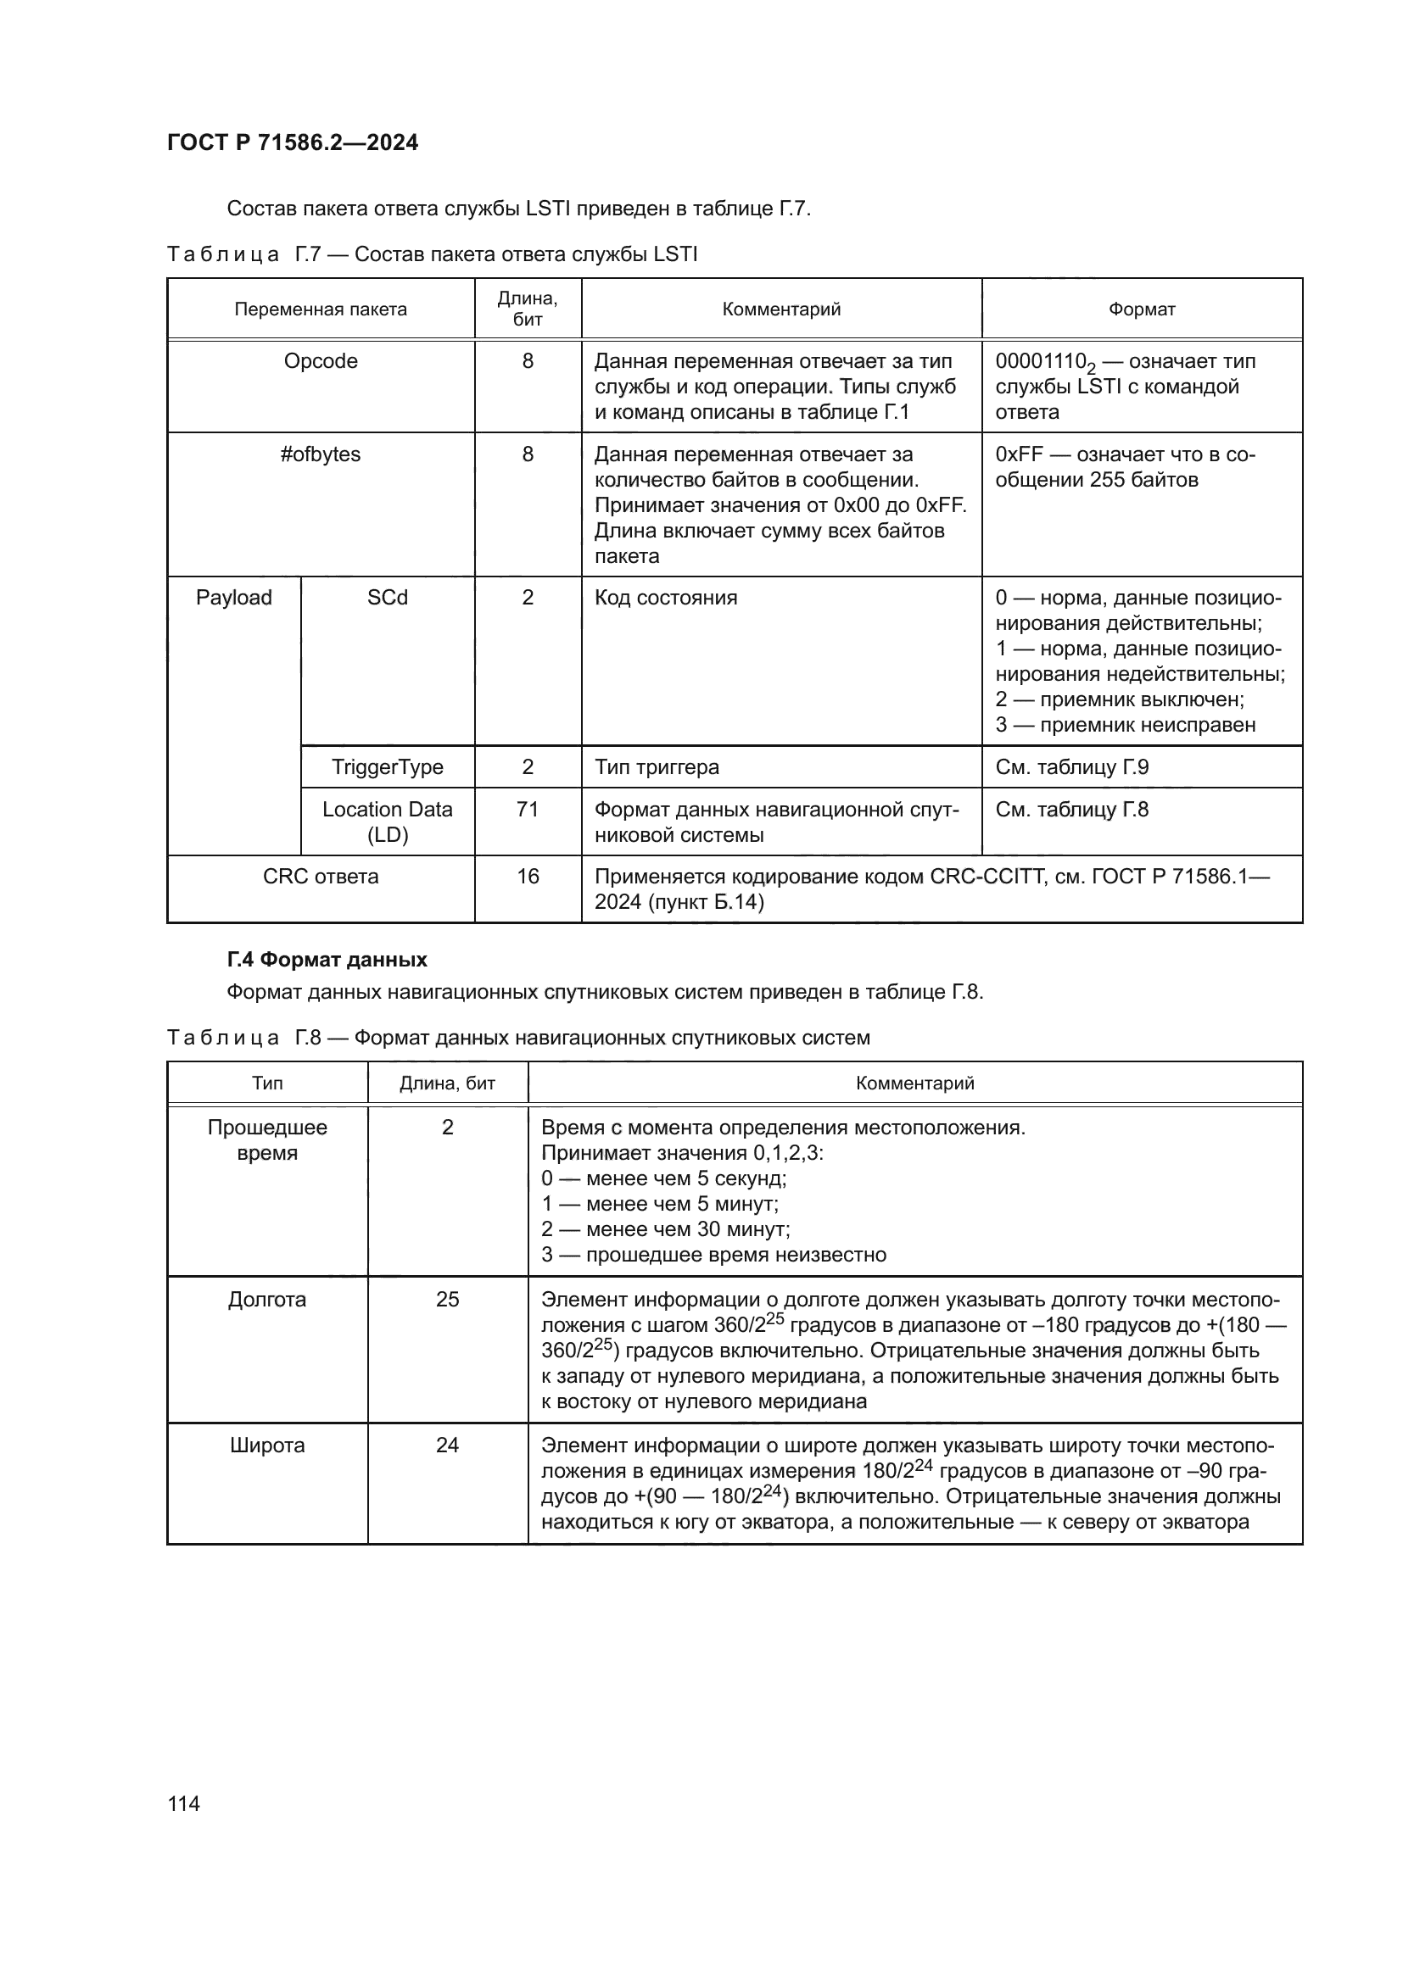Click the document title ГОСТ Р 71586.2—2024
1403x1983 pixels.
(292, 142)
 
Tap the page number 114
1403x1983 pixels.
(184, 1802)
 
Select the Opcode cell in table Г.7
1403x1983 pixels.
(321, 361)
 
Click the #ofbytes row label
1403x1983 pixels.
(321, 454)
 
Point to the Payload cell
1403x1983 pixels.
(233, 598)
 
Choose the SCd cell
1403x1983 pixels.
(387, 598)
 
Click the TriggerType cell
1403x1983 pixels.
(387, 767)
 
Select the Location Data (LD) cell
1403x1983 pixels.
(387, 822)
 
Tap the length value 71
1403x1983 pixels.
(527, 810)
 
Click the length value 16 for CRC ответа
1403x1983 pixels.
(527, 877)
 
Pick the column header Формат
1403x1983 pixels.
(1141, 309)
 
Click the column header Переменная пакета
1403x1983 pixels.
(321, 309)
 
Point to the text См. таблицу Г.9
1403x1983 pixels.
(1071, 767)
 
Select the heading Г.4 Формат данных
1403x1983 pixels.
(327, 960)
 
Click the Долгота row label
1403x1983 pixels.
(267, 1300)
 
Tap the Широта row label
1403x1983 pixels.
(267, 1445)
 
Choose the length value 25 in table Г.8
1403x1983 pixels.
(448, 1300)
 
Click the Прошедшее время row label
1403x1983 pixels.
(267, 1140)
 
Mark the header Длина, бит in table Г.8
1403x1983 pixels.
(448, 1083)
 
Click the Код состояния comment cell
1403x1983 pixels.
(665, 598)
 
